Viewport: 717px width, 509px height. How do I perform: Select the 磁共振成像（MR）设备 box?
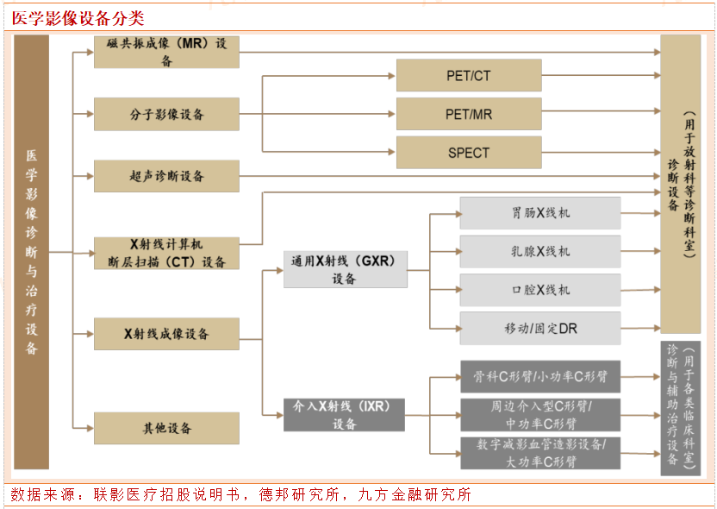click(166, 53)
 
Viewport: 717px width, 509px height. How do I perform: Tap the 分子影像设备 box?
click(166, 114)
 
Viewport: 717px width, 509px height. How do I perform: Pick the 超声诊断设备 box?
click(166, 176)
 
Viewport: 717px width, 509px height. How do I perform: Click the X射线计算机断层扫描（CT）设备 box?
click(166, 254)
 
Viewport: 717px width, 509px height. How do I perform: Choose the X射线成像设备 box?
click(166, 334)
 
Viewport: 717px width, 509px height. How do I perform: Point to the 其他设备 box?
click(166, 428)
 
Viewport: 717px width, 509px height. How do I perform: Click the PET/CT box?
click(469, 76)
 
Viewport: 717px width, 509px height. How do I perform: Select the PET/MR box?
click(469, 114)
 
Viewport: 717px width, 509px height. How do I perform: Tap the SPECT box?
click(469, 153)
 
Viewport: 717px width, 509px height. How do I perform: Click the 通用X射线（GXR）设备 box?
click(344, 268)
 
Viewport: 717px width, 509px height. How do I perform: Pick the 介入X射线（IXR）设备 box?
click(344, 414)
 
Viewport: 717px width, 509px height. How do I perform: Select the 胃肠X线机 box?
click(540, 213)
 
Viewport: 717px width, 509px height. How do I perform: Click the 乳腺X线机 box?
click(540, 251)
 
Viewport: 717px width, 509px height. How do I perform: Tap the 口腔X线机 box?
click(540, 290)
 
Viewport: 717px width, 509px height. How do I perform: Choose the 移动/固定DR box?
click(540, 329)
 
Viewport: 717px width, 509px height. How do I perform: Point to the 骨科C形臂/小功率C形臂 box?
click(540, 377)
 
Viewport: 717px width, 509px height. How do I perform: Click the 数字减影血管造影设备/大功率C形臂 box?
click(540, 454)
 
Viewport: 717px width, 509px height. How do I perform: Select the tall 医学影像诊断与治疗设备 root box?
click(32, 252)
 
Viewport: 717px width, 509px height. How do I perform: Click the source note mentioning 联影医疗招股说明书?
click(241, 495)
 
